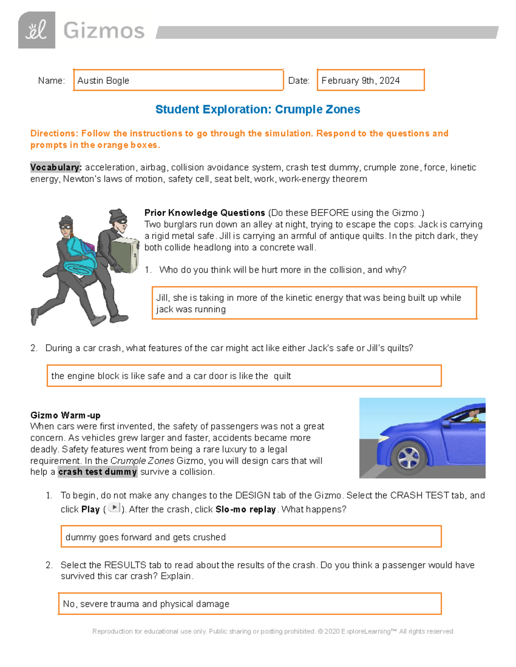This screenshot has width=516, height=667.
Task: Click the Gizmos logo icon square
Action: (37, 30)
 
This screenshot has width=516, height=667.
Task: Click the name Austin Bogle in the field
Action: (103, 80)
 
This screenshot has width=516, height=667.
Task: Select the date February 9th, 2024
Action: (360, 80)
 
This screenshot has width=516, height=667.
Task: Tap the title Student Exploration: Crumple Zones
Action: (258, 109)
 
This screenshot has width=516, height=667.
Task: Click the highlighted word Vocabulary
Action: (55, 167)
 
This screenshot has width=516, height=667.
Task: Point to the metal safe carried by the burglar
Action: (125, 256)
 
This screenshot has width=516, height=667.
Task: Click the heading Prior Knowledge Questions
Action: (205, 213)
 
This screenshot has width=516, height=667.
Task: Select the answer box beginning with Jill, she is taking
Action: (314, 303)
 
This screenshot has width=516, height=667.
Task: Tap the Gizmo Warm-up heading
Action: (65, 415)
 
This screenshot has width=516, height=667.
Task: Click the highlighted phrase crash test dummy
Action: (98, 472)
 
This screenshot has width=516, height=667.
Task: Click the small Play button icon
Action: (114, 508)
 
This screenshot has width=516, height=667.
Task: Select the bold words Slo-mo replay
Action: (246, 509)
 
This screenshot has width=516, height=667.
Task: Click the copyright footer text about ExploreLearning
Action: (273, 631)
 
